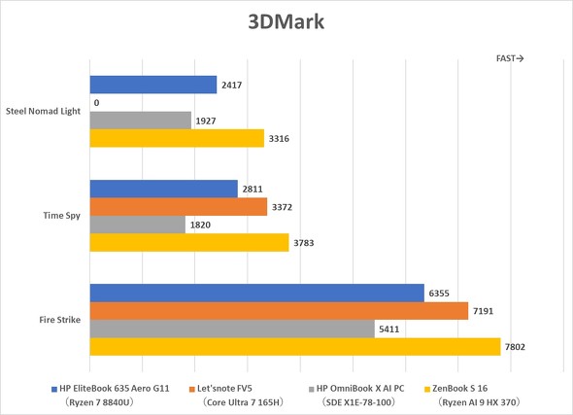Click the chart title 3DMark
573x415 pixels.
coord(286,21)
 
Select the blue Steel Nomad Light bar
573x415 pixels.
coord(152,86)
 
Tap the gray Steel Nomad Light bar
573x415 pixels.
coord(140,121)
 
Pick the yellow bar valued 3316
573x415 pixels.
coord(176,139)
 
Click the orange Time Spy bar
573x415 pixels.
coord(178,207)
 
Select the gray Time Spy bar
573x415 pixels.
coord(137,225)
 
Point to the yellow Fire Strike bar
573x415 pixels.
coord(294,347)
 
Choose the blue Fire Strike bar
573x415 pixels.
coord(256,294)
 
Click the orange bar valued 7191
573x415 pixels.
coord(279,311)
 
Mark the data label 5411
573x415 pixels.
coord(391,329)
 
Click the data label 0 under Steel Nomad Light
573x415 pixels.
coord(96,103)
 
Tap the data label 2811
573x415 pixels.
coord(253,190)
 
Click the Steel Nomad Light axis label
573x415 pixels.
coord(45,112)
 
